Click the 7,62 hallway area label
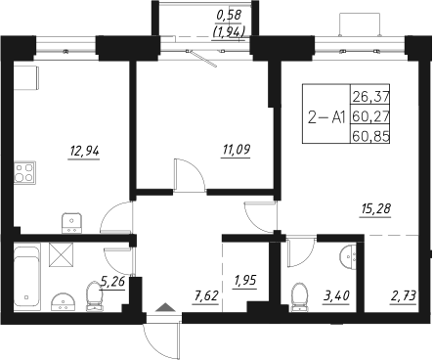[x=205, y=293]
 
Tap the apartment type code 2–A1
[x=325, y=116]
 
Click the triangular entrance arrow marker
[x=163, y=311]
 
